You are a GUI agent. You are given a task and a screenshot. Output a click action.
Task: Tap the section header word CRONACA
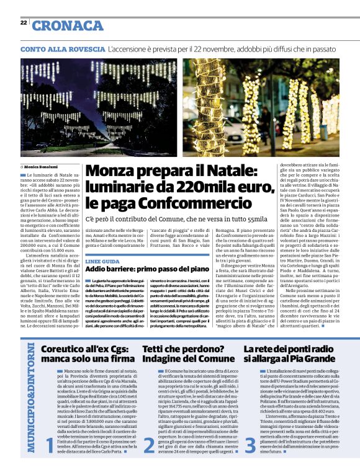coord(68,25)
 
